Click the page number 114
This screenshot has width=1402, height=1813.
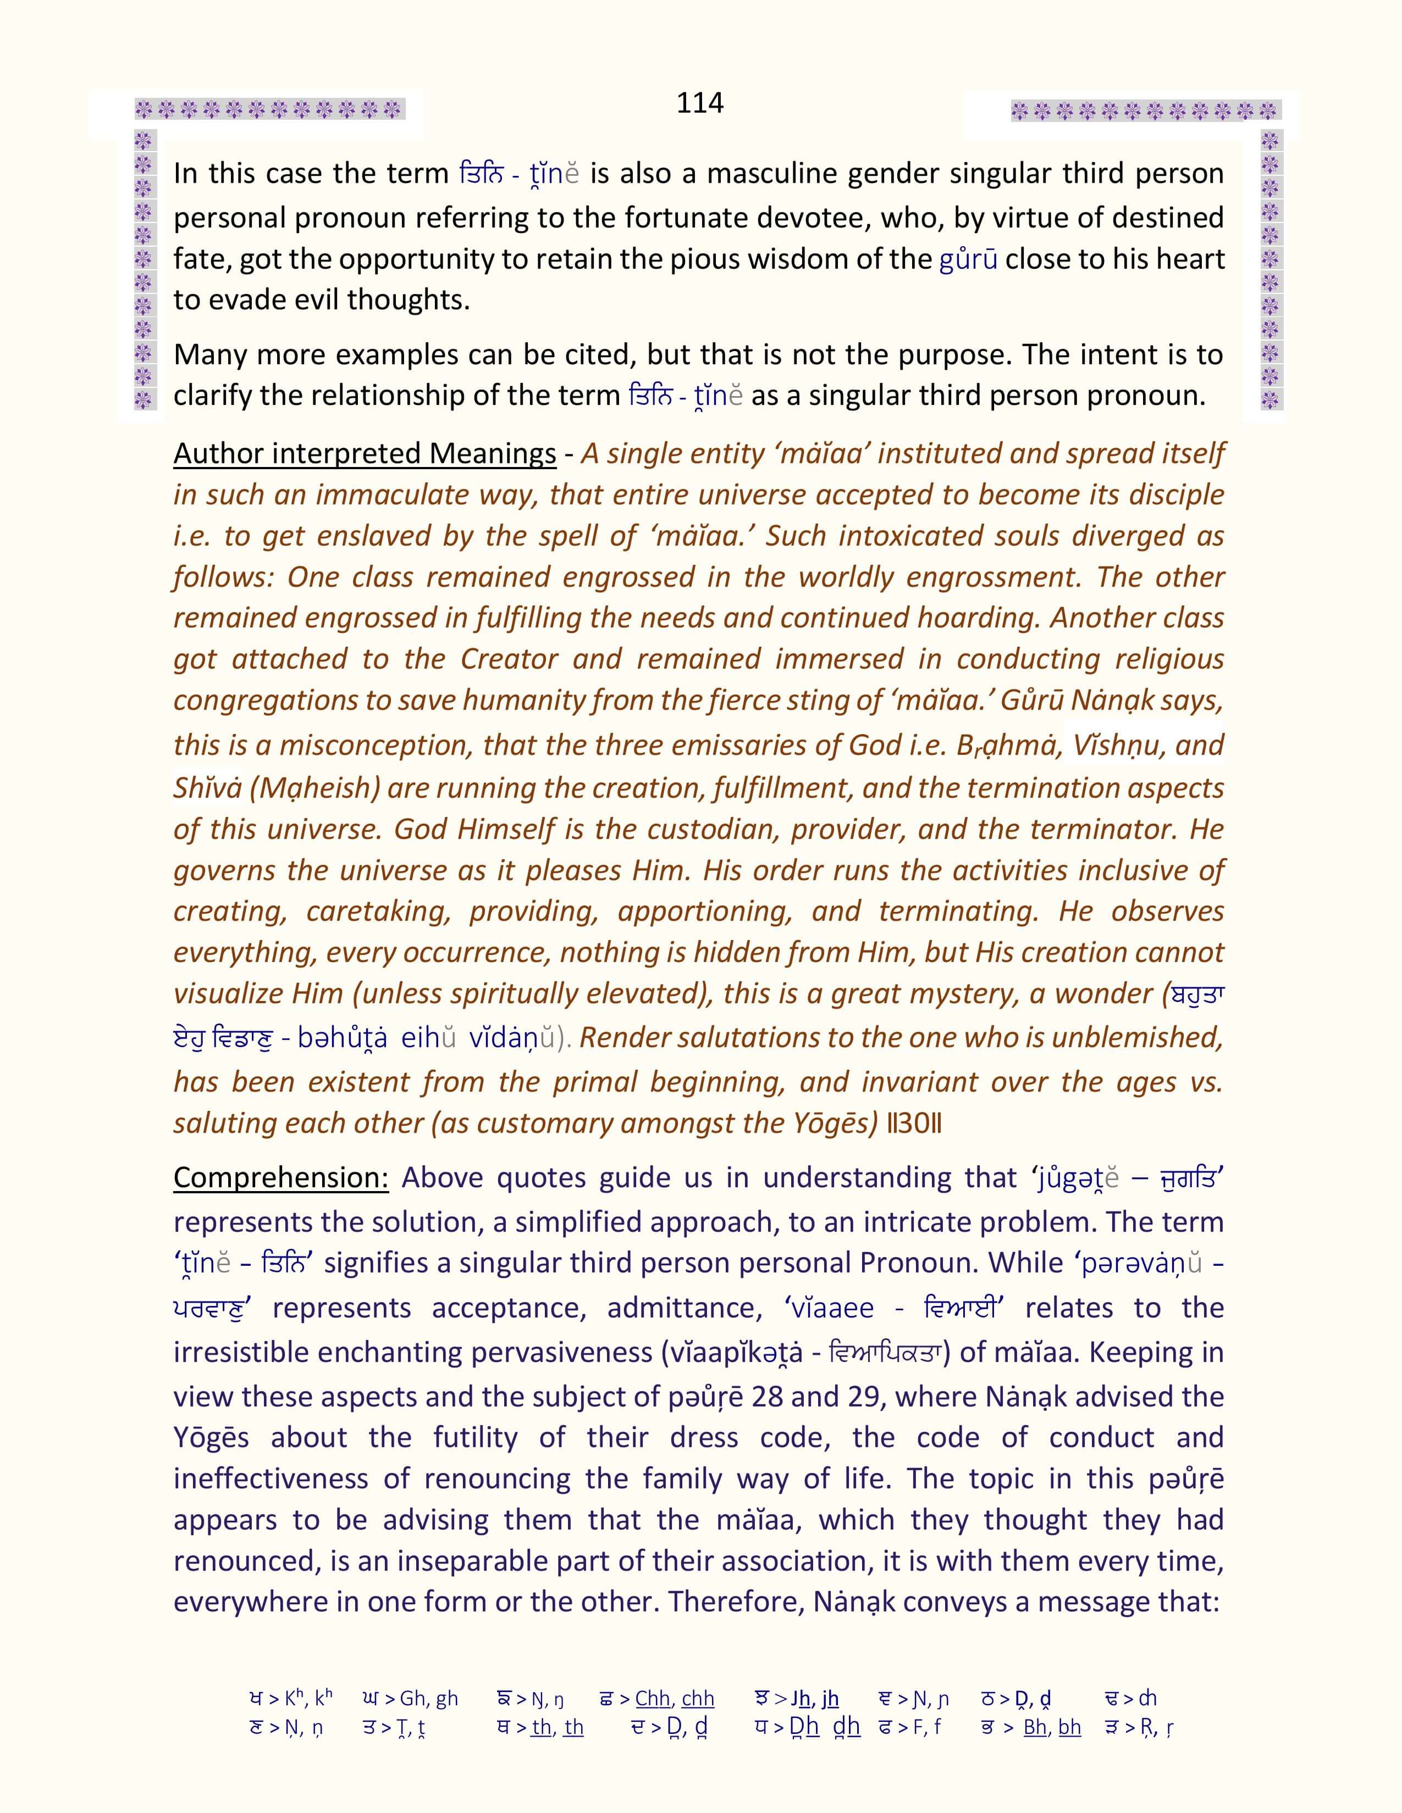(699, 103)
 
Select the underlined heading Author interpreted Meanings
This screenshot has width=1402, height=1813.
(365, 454)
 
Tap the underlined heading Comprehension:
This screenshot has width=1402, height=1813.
(281, 1178)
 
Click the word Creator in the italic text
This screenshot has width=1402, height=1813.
(509, 659)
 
